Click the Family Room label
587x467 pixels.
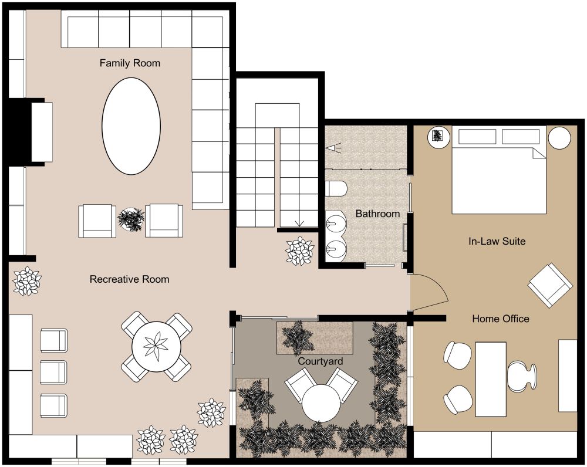pos(130,63)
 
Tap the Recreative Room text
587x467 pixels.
pos(129,279)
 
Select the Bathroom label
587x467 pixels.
pos(377,214)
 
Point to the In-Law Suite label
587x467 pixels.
pos(497,241)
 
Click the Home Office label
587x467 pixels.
pos(501,319)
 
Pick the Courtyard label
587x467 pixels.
pos(320,361)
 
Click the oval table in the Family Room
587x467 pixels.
pos(131,126)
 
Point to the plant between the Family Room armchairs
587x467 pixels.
pos(130,220)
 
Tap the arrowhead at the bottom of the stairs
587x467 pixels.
pos(300,223)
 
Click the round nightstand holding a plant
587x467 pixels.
pos(438,137)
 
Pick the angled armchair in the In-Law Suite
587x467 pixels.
pos(550,285)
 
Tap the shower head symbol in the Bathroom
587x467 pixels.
pos(334,148)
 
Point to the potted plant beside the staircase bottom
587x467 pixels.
pos(300,251)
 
